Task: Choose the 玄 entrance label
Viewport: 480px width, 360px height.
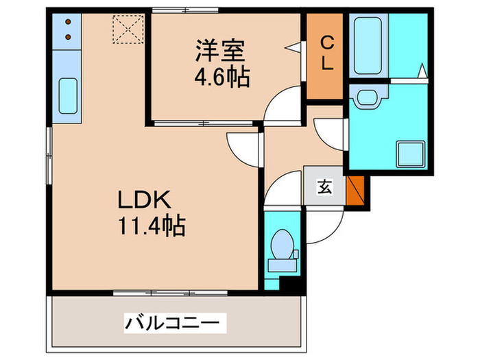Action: (324, 186)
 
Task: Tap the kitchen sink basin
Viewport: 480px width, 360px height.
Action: (67, 97)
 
